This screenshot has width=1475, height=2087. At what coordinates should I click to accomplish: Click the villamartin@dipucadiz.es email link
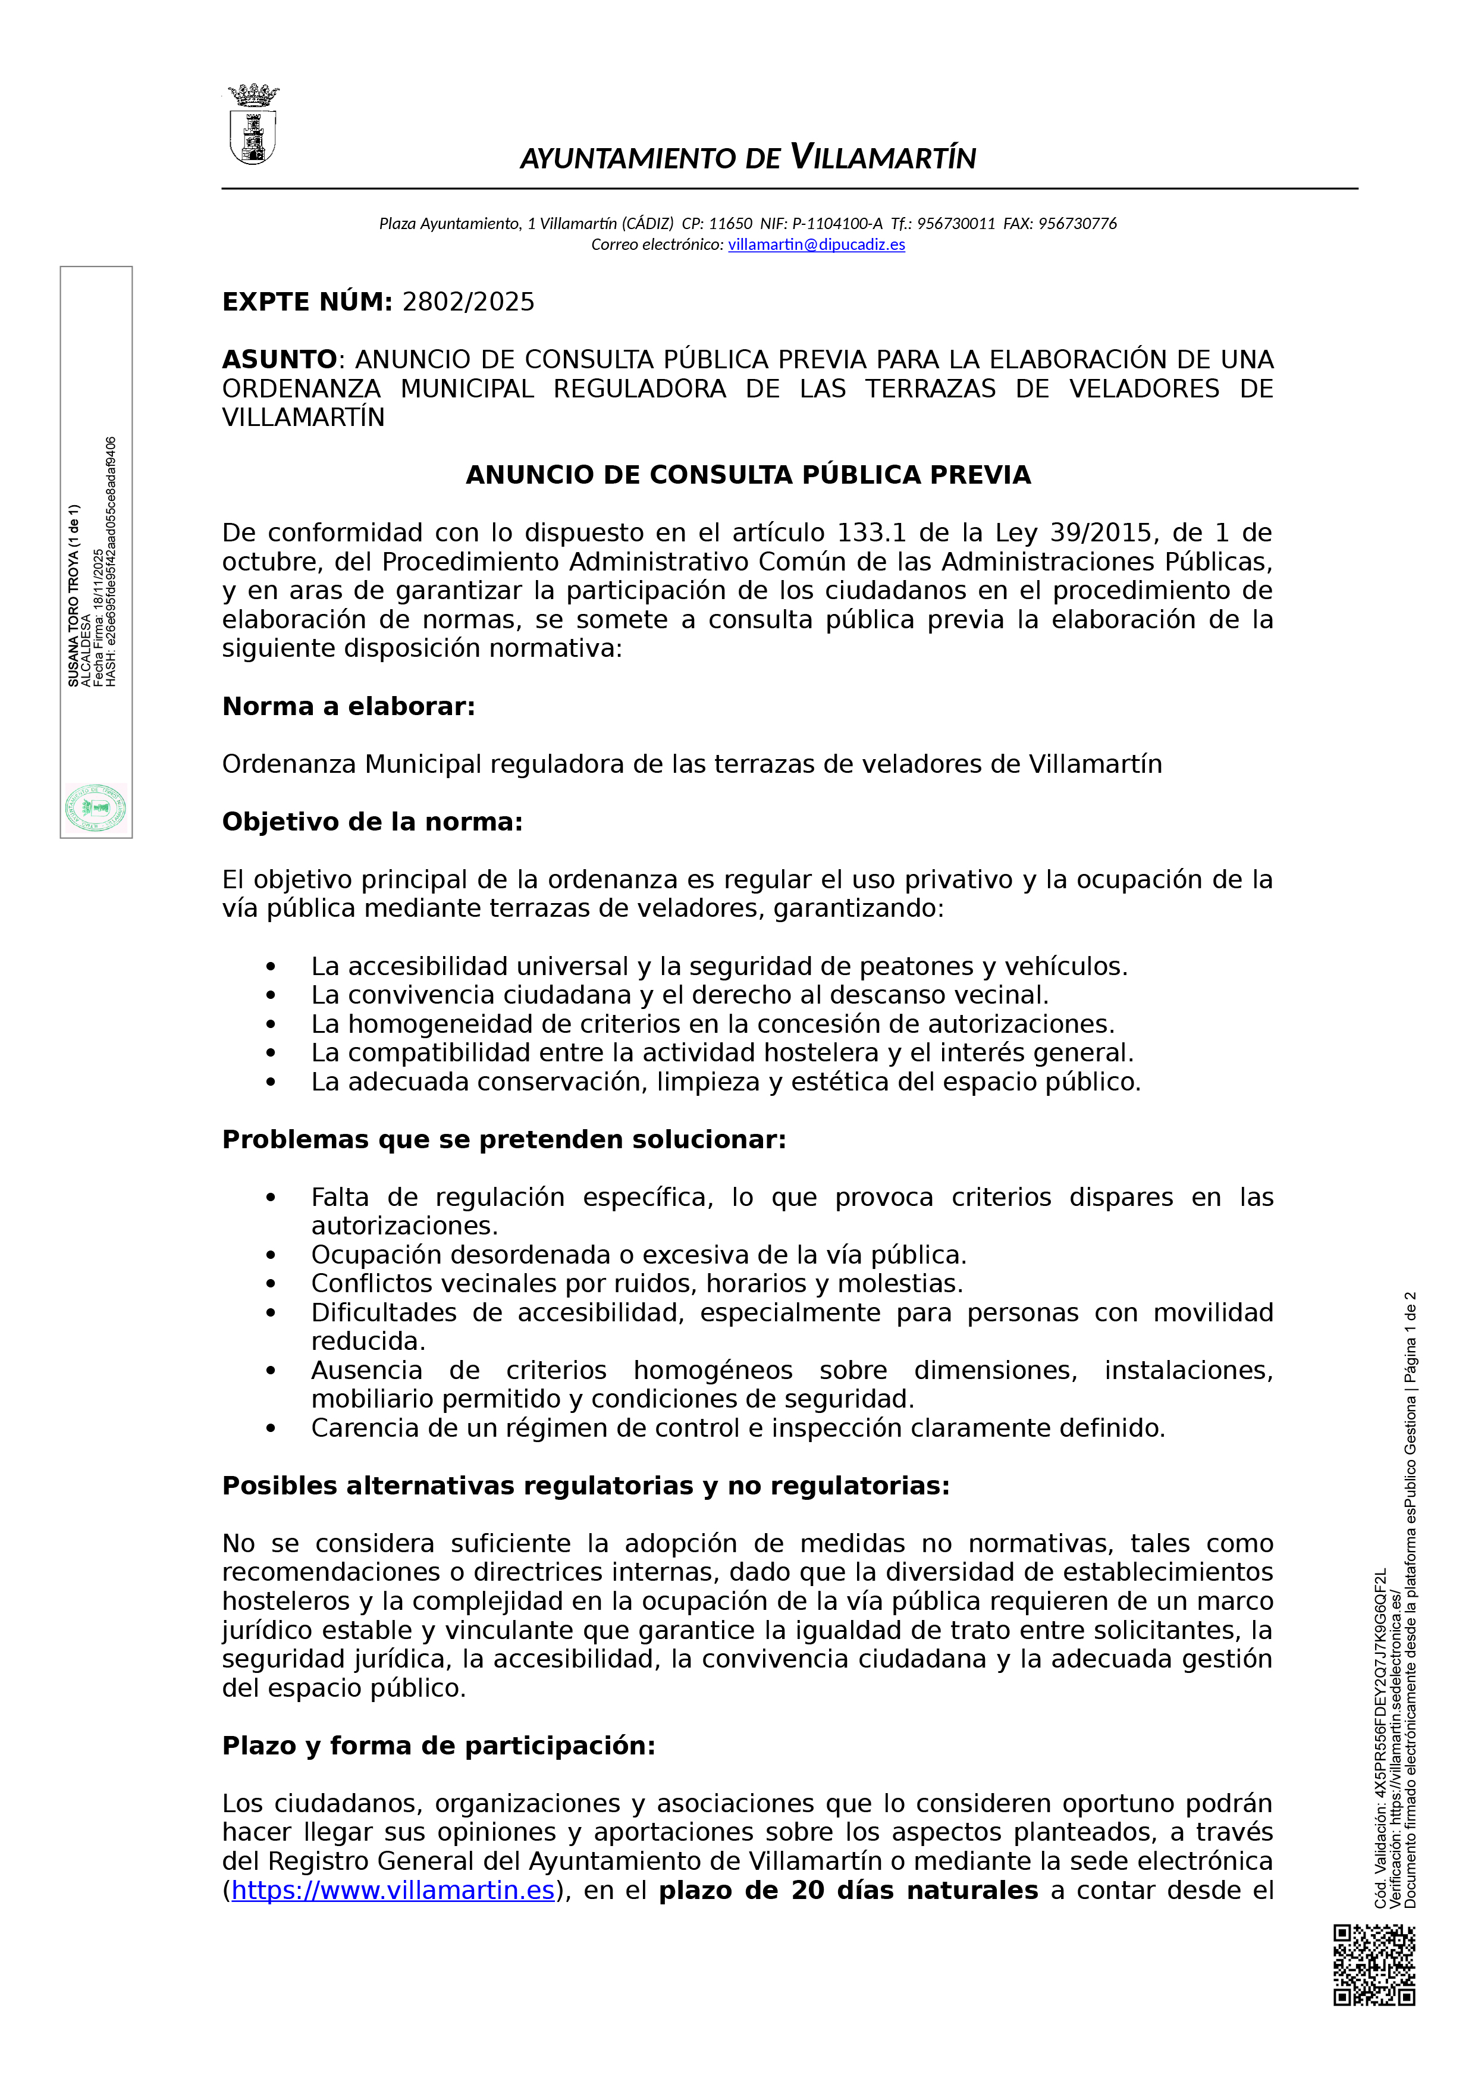tap(816, 245)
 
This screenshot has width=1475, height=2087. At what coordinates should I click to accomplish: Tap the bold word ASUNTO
tap(279, 360)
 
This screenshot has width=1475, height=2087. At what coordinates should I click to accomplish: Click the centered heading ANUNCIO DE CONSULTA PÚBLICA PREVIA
tap(748, 475)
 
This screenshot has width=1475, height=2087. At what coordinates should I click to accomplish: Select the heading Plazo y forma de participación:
tap(438, 1746)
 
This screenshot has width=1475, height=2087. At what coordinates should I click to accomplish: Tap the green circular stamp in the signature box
tap(95, 808)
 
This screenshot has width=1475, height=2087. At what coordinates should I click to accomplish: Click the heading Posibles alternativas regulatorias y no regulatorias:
tap(585, 1486)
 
